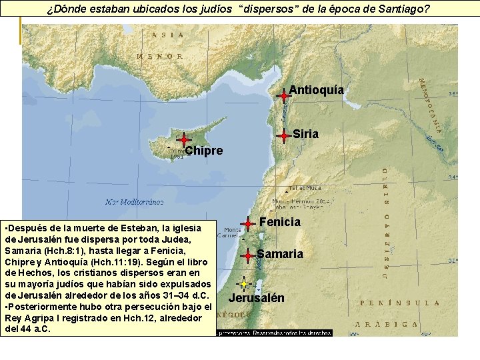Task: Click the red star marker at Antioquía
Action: (284, 95)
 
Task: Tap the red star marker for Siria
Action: (284, 135)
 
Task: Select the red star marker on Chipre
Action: (184, 139)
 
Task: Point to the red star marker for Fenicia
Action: (248, 224)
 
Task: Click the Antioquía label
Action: (317, 90)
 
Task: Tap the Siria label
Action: (305, 134)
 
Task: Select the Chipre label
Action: (204, 151)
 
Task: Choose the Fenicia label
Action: (280, 221)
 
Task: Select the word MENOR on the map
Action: (160, 57)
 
